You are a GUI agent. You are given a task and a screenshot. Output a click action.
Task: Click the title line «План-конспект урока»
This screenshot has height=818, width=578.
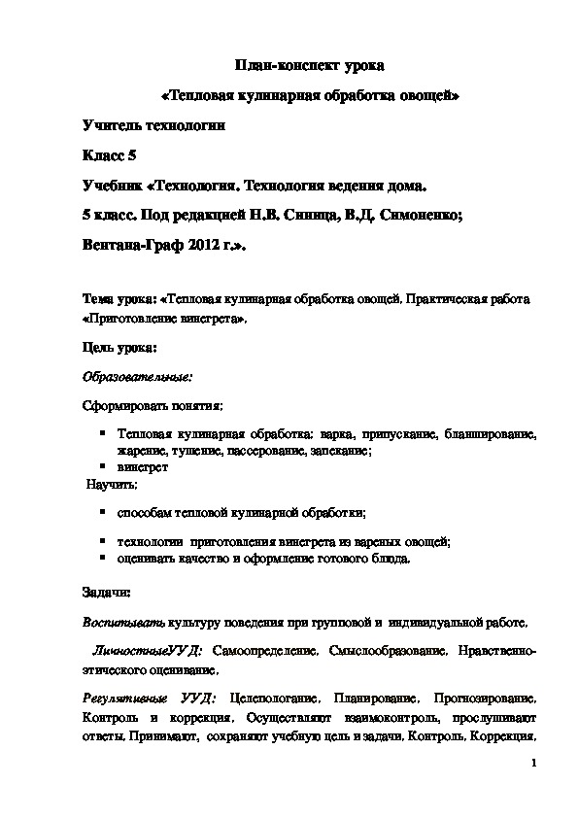coord(311,66)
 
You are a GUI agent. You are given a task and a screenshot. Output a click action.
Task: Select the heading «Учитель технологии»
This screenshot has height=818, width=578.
coord(153,125)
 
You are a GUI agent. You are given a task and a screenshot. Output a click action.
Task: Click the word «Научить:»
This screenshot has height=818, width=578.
coord(113,483)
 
